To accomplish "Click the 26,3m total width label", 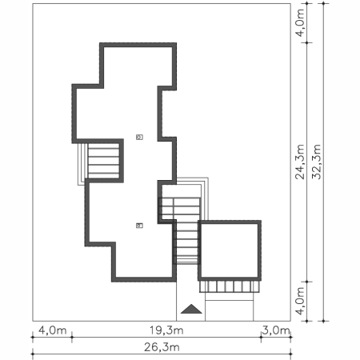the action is pyautogui.click(x=162, y=347).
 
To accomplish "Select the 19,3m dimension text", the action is pyautogui.click(x=166, y=330).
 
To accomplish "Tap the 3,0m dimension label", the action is pyautogui.click(x=276, y=330).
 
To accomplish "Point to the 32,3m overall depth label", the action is pyautogui.click(x=316, y=162).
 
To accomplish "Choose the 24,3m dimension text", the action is pyautogui.click(x=300, y=162).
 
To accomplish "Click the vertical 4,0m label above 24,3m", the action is pyautogui.click(x=300, y=22).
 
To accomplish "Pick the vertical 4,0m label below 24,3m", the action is pyautogui.click(x=300, y=301).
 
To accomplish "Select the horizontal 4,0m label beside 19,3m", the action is pyautogui.click(x=53, y=330).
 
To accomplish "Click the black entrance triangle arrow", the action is pyautogui.click(x=191, y=309).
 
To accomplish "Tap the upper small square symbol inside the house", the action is pyautogui.click(x=139, y=137).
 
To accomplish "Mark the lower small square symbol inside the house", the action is pyautogui.click(x=139, y=226).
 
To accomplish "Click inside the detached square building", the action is pyautogui.click(x=230, y=250).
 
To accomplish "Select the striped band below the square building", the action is pyautogui.click(x=230, y=286).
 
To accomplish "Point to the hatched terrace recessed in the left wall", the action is pyautogui.click(x=103, y=161).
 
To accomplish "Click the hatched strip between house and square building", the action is pyautogui.click(x=186, y=242).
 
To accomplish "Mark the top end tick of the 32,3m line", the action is pyautogui.click(x=323, y=3).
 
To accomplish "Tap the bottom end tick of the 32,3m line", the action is pyautogui.click(x=323, y=321).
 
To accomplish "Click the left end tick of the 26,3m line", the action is pyautogui.click(x=33, y=354).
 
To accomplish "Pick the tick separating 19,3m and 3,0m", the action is pyautogui.click(x=261, y=338).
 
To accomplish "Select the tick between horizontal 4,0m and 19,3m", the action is pyautogui.click(x=72, y=338).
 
